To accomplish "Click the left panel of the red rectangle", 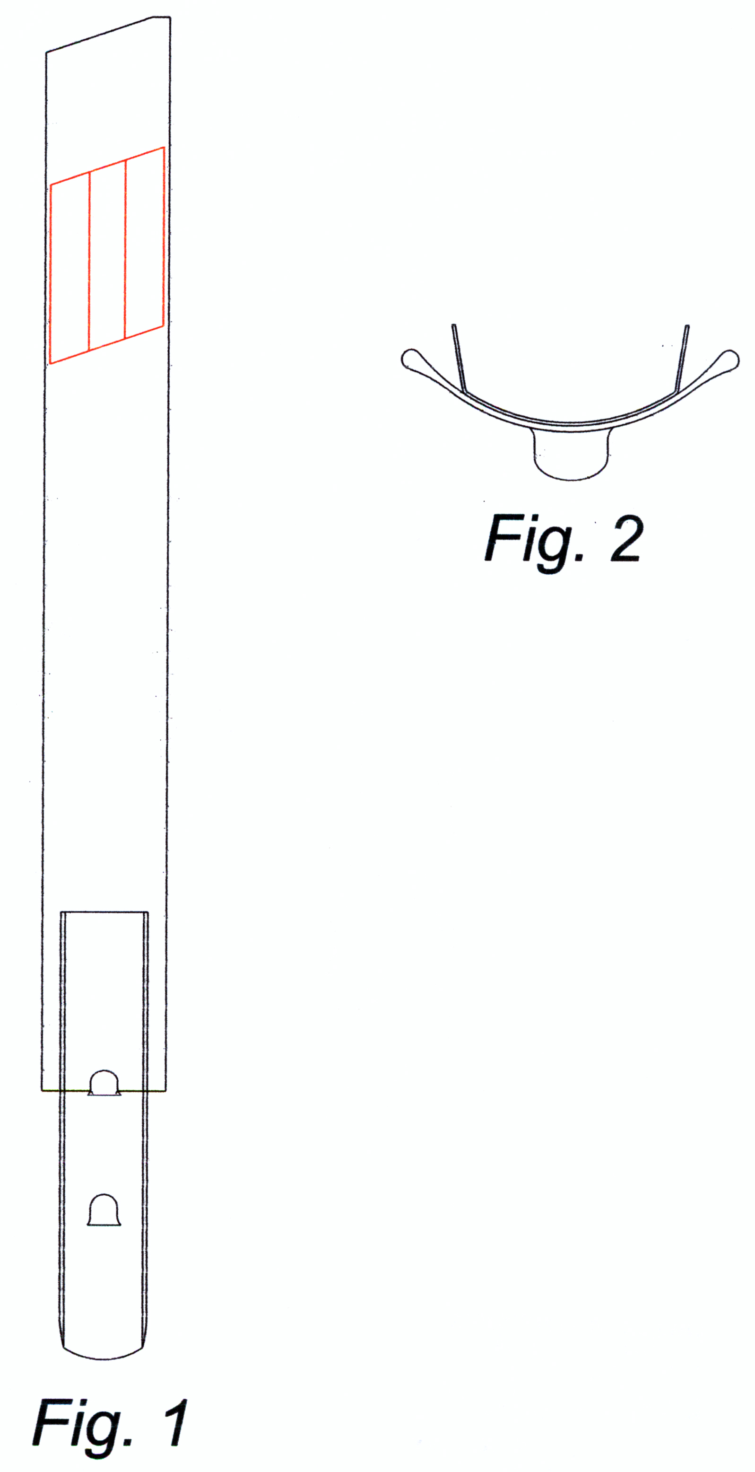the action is [x=69, y=267].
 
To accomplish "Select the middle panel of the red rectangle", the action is [x=107, y=255].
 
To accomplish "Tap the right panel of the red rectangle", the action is [x=145, y=242].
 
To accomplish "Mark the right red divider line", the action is [x=126, y=249].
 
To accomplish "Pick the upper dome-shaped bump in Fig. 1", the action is [x=104, y=1083].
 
